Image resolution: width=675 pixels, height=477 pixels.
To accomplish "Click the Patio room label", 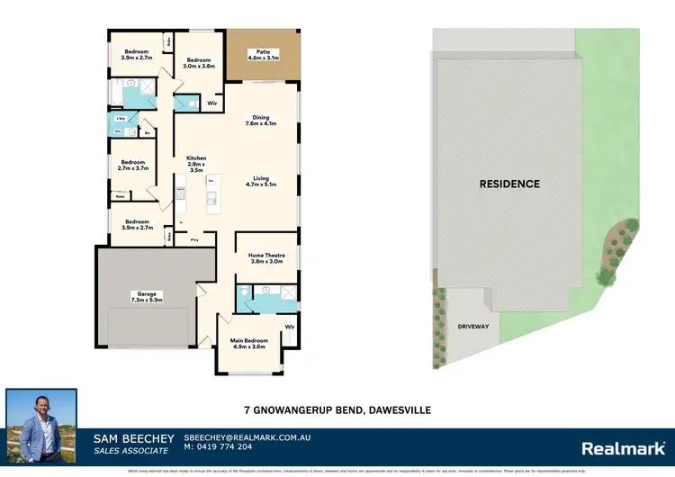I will click(x=263, y=55).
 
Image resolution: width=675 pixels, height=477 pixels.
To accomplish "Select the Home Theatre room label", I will click(x=265, y=258).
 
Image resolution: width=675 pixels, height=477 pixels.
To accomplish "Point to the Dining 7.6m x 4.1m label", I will click(x=260, y=120).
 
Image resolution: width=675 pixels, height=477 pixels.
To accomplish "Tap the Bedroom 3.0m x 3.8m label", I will click(x=200, y=63).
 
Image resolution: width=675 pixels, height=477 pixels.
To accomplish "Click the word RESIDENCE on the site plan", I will click(x=508, y=184).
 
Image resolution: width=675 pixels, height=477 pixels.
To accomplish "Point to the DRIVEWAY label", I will click(x=472, y=326).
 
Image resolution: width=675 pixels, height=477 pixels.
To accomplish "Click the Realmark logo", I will click(x=622, y=447).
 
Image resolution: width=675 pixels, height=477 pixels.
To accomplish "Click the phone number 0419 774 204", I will click(x=220, y=447).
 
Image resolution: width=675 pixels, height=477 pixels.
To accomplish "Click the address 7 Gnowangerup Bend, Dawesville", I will click(x=337, y=410).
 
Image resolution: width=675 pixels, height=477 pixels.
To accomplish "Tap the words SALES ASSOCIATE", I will click(x=130, y=449).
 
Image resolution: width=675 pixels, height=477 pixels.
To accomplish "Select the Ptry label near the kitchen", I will click(x=195, y=239).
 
